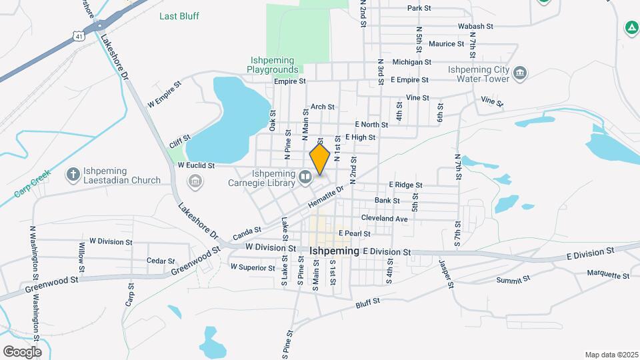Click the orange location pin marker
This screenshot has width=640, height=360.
(320, 159)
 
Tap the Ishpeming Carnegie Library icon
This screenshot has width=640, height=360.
(305, 177)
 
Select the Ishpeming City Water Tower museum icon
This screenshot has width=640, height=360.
(521, 72)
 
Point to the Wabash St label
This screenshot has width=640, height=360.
(475, 27)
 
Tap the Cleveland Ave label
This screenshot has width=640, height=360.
(383, 218)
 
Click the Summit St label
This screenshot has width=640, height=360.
(513, 279)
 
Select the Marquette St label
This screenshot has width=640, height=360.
(608, 274)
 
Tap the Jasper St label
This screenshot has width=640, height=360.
(446, 274)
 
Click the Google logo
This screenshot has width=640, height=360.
(22, 352)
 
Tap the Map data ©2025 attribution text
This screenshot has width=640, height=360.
(611, 355)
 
